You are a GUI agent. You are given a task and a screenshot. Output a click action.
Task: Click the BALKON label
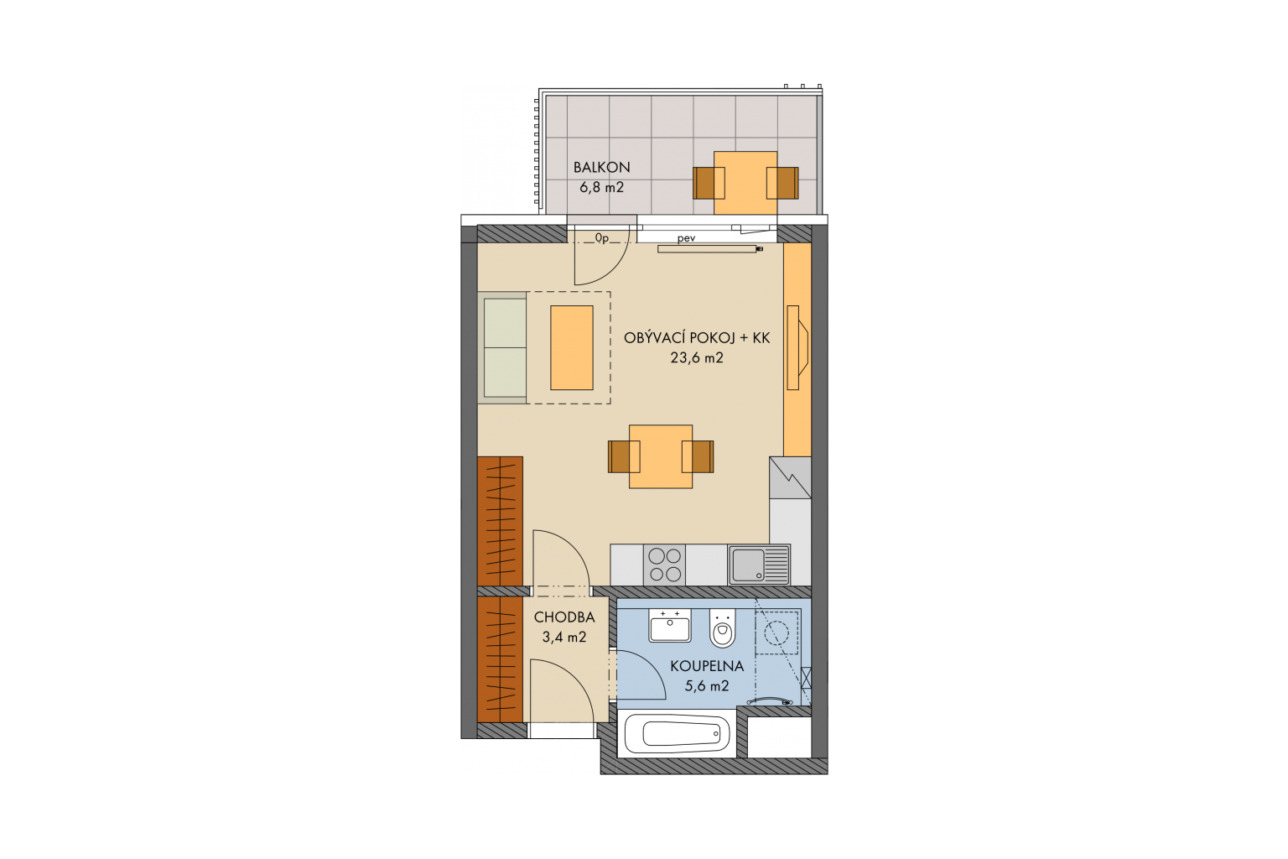(x=601, y=168)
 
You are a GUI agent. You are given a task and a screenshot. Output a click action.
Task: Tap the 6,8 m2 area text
(x=601, y=188)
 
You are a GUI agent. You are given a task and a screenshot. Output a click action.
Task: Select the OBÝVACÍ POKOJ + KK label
(x=696, y=338)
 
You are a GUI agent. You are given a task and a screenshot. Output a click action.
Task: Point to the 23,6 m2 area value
(x=696, y=358)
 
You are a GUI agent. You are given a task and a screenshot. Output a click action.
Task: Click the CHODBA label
(x=564, y=617)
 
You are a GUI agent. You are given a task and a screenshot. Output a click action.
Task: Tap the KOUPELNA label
(x=707, y=666)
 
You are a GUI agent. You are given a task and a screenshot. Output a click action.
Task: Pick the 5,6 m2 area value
(x=707, y=686)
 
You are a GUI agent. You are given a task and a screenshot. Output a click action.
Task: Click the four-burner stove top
(x=665, y=565)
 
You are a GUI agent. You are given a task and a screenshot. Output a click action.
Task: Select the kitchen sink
(x=759, y=565)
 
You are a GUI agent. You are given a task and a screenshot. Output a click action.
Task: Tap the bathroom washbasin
(x=669, y=626)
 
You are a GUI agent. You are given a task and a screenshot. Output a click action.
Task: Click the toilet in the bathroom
(x=723, y=627)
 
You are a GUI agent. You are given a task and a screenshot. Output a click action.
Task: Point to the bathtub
(x=677, y=733)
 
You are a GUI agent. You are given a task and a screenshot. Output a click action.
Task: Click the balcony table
(x=745, y=183)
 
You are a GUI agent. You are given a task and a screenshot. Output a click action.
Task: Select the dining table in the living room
(x=661, y=457)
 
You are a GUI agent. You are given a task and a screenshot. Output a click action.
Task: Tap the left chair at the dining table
(x=624, y=457)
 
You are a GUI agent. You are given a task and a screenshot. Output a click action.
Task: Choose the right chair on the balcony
(x=782, y=183)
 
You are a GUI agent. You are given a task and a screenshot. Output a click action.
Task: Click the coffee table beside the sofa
(x=572, y=348)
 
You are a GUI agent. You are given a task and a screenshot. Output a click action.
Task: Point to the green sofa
(x=502, y=348)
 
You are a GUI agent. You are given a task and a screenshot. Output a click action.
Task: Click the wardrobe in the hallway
(x=501, y=659)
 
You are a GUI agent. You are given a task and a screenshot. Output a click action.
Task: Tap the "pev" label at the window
(x=687, y=238)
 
